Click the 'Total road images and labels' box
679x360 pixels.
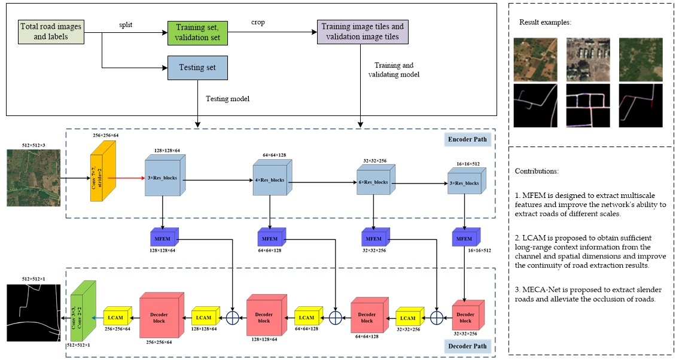[x=51, y=31]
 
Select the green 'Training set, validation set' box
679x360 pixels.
[x=194, y=32]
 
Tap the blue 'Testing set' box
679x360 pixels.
[x=197, y=68]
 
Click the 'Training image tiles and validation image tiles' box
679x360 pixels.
[x=363, y=32]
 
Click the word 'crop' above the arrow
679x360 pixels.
[x=258, y=22]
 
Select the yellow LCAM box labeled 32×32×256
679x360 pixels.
[x=409, y=318]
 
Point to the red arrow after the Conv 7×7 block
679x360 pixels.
[x=126, y=178]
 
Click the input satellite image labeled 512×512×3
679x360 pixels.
[x=33, y=178]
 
